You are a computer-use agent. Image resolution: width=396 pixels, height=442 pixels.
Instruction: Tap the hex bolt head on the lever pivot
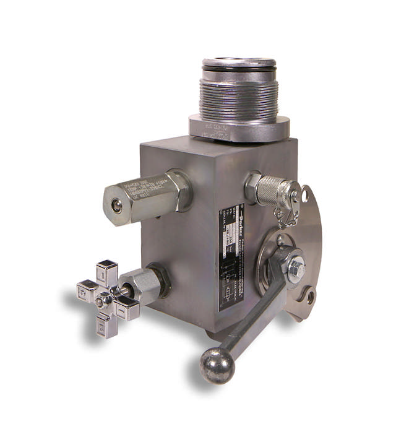[x=295, y=267]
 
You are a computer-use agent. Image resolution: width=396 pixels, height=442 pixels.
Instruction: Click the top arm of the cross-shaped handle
[x=107, y=273]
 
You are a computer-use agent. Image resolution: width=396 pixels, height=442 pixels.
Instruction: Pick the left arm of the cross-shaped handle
[x=85, y=290]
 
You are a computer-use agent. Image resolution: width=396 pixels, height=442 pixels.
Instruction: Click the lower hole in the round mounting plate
[x=310, y=298]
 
